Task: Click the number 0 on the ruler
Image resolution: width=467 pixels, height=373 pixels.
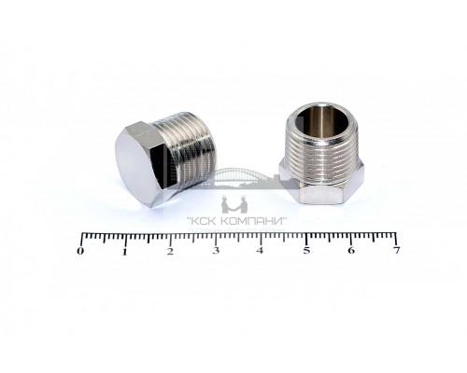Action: [x=80, y=251]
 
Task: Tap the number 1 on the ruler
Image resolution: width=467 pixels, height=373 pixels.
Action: [x=125, y=251]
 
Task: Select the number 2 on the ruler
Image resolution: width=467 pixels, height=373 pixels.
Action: [x=170, y=251]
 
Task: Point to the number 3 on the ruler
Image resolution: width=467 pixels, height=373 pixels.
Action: [x=216, y=251]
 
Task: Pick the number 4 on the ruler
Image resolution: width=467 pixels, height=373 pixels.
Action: [x=260, y=250]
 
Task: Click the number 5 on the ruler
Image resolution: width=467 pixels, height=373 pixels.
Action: [x=306, y=250]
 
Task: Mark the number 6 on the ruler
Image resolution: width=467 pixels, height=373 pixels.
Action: [x=351, y=250]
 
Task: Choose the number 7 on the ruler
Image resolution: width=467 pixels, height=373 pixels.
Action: [x=396, y=250]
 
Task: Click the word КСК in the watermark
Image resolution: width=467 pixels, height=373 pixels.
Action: [x=204, y=222]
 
